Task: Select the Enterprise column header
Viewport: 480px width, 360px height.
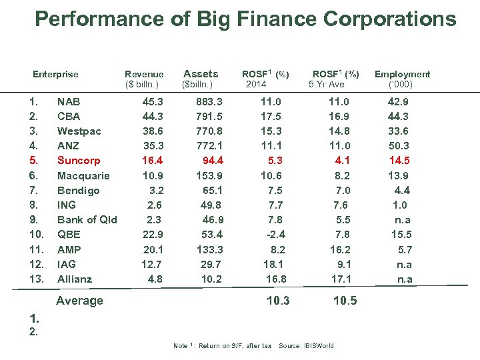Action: (x=55, y=74)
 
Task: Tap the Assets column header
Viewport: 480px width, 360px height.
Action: (x=200, y=74)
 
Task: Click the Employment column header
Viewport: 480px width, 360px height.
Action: (x=402, y=74)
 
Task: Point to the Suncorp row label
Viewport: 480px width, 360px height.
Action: (x=79, y=161)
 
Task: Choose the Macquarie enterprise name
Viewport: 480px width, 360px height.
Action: (x=83, y=175)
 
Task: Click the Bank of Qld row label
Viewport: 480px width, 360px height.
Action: (x=87, y=220)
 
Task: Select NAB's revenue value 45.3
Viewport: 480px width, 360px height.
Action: (x=153, y=102)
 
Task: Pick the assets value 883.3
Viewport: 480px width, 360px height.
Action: (x=209, y=102)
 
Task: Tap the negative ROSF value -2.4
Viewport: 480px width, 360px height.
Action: (x=275, y=235)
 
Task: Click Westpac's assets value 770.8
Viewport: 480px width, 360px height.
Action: (x=209, y=131)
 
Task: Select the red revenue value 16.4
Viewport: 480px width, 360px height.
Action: (x=153, y=161)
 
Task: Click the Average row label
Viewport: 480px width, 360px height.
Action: (x=79, y=301)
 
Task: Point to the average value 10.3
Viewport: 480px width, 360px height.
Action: (x=278, y=301)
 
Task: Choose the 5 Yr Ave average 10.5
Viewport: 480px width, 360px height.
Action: (x=345, y=301)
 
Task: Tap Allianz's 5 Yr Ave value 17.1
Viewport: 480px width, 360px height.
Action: (x=342, y=279)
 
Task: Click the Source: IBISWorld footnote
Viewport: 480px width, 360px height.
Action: (x=306, y=345)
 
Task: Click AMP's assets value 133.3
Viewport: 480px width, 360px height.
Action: (x=209, y=249)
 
